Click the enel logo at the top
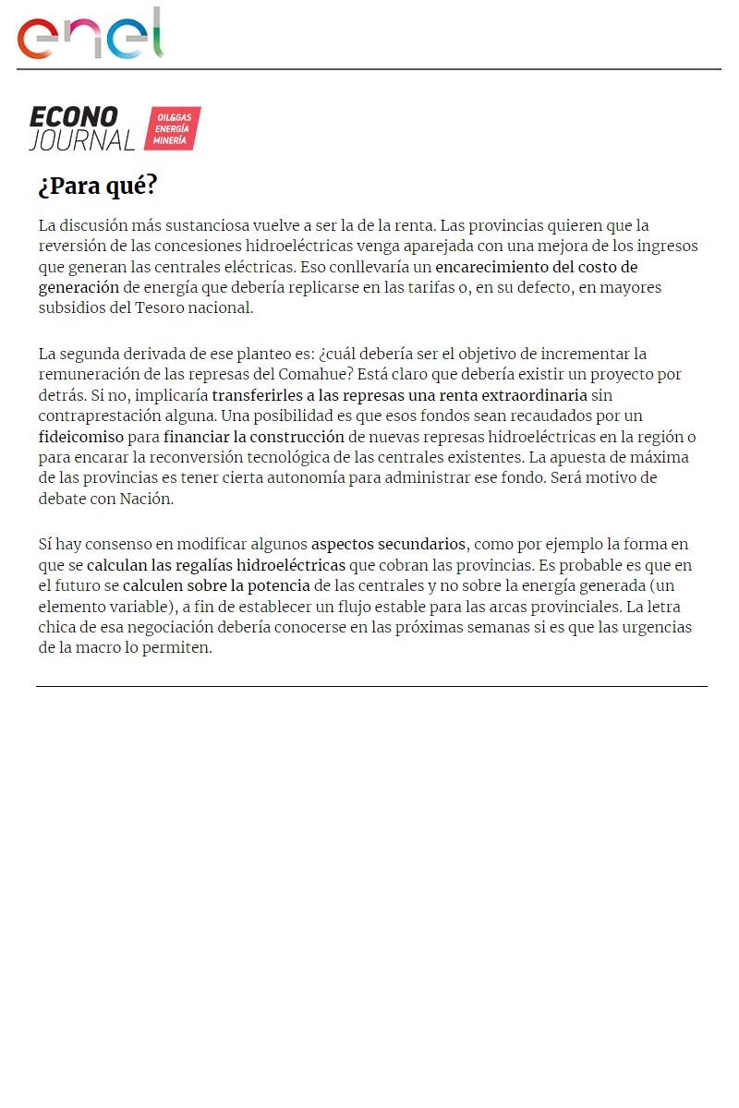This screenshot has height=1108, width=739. point(90,35)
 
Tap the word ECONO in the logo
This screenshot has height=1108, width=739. point(74,117)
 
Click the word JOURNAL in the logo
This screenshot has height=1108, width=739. point(81,140)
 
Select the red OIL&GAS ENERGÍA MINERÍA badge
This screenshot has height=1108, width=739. point(172,128)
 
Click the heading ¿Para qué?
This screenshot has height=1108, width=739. point(98,186)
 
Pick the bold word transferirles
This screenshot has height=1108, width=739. point(257,395)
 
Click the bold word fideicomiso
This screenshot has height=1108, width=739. point(81,436)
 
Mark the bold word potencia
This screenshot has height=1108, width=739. point(279,585)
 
